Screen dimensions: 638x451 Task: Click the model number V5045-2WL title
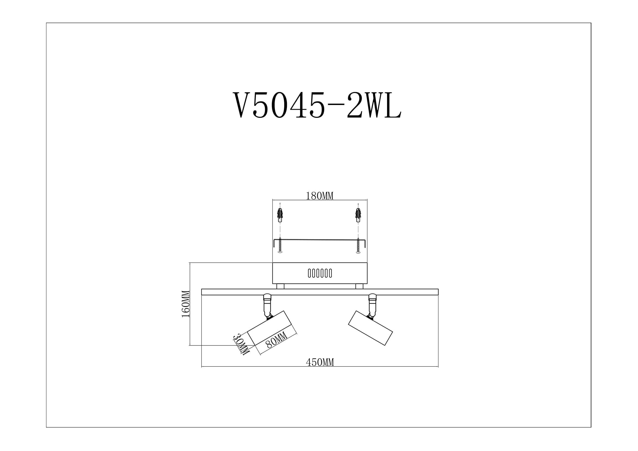[317, 105]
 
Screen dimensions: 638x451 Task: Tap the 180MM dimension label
[320, 196]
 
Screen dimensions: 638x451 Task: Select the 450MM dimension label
[320, 362]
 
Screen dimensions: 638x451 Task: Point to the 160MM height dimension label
[186, 304]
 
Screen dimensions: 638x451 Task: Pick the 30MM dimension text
[241, 344]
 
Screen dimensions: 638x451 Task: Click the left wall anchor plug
[280, 215]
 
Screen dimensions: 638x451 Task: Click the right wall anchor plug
[358, 215]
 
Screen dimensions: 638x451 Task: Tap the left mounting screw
[280, 245]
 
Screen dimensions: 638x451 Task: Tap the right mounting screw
[358, 245]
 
